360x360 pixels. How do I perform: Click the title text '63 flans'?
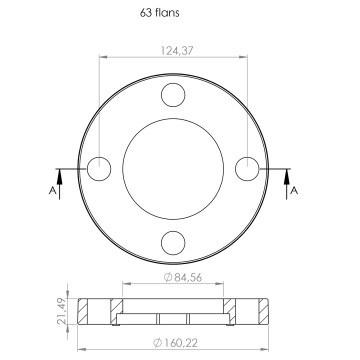(159, 13)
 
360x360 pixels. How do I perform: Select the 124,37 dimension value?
(177, 51)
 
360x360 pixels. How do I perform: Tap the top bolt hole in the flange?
(173, 95)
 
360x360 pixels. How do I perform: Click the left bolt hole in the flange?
(99, 169)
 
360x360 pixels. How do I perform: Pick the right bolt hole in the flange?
(247, 169)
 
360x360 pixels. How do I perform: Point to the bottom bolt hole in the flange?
(173, 243)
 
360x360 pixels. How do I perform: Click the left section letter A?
(52, 191)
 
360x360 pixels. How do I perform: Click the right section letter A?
(294, 191)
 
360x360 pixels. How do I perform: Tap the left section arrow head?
(59, 176)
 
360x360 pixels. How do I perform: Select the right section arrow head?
(287, 176)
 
